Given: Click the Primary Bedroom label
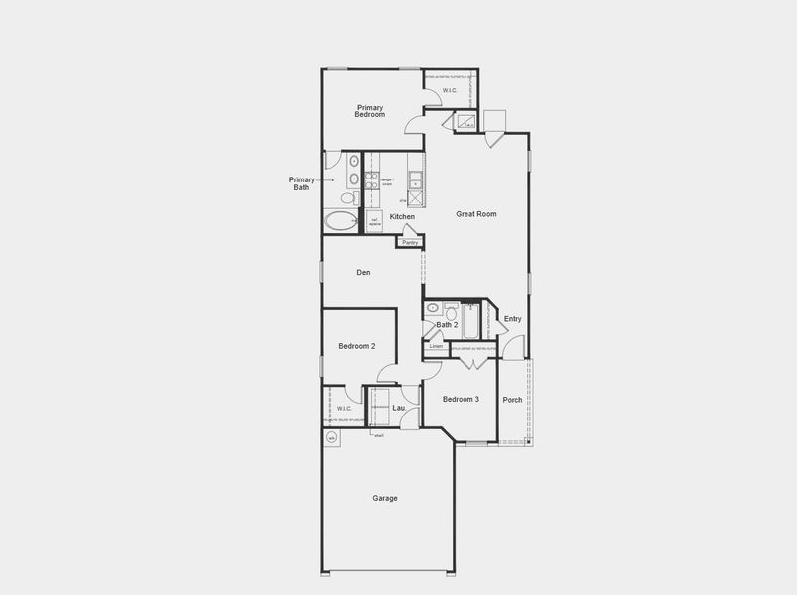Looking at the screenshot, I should click(370, 111).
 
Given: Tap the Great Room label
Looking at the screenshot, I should click(475, 214).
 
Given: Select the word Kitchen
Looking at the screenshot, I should click(401, 216).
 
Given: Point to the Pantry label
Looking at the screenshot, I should click(409, 242).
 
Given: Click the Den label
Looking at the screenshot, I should click(363, 273).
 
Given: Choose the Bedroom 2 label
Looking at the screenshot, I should click(356, 346).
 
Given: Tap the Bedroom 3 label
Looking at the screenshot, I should click(461, 399).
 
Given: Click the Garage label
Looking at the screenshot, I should click(385, 498).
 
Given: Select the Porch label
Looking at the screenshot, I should click(512, 400).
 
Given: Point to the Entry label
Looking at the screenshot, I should click(512, 319).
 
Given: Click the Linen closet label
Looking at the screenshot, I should click(436, 347).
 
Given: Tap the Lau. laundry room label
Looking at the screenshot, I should click(398, 408).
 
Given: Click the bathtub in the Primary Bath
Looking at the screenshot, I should click(341, 221).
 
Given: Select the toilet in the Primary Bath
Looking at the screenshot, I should click(347, 198).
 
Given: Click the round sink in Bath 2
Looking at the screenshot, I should click(433, 308).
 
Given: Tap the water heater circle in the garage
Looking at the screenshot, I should click(332, 437).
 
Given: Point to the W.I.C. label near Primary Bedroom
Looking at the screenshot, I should click(450, 91).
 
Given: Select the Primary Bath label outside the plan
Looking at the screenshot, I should click(302, 183).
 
